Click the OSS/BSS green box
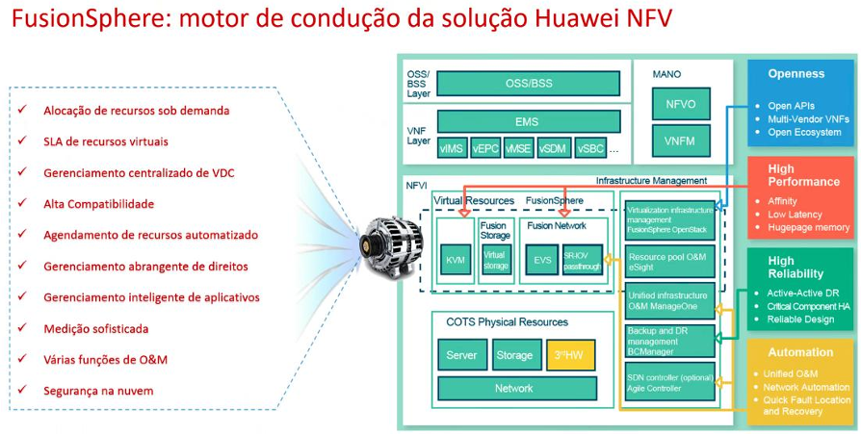528,84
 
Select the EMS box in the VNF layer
527,122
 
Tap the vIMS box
452,148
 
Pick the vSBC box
589,148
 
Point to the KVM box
455,260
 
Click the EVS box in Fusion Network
542,260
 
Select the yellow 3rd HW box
571,355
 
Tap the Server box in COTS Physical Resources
461,355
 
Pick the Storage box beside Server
514,355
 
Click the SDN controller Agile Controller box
669,381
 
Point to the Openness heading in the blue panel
796,74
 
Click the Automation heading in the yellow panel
800,352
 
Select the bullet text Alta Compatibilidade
98,204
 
